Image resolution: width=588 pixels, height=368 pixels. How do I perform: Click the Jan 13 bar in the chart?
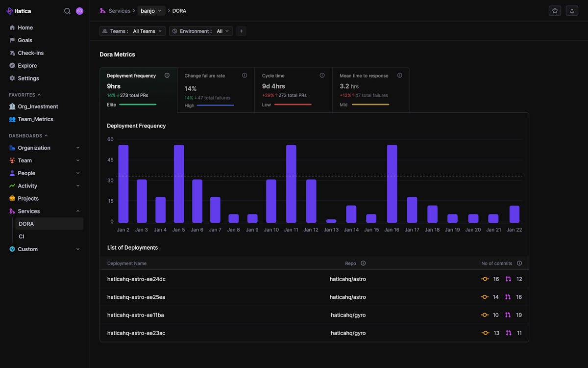click(x=331, y=221)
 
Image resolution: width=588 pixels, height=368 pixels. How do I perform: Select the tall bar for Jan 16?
click(x=392, y=184)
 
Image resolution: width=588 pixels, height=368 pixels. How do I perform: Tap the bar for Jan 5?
click(x=179, y=184)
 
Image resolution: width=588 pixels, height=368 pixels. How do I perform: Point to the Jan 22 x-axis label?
click(x=514, y=230)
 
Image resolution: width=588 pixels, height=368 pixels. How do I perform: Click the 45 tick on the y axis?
click(x=110, y=160)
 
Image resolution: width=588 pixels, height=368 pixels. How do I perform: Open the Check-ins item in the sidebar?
click(x=30, y=53)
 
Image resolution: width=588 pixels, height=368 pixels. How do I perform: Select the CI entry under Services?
click(x=22, y=237)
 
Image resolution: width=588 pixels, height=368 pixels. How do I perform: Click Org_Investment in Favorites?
click(x=38, y=106)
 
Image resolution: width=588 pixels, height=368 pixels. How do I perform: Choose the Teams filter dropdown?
click(x=132, y=31)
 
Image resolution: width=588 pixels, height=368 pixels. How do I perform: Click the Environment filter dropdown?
click(x=201, y=31)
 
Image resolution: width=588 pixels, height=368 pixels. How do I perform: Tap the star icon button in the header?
click(x=555, y=11)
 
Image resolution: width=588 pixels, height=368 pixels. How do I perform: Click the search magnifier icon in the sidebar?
click(x=67, y=11)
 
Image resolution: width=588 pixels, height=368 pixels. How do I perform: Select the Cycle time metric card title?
click(x=273, y=76)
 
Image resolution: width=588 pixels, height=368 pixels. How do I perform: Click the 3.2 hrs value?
click(x=349, y=86)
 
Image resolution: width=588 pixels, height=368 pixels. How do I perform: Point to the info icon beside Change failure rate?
click(x=245, y=76)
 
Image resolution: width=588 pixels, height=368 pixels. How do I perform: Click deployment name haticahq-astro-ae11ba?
click(x=135, y=315)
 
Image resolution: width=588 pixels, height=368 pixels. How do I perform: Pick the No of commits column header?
click(x=496, y=263)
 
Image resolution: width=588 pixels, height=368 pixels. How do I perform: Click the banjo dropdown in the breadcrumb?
click(x=151, y=11)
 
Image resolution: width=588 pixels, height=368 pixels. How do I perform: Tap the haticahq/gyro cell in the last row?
click(x=348, y=333)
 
